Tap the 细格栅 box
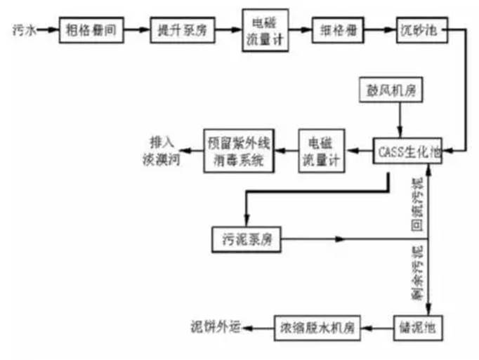(x=336, y=31)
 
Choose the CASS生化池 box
(x=407, y=149)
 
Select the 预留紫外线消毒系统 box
(x=235, y=149)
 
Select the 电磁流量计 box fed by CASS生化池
(x=320, y=149)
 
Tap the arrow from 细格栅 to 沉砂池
(x=376, y=30)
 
